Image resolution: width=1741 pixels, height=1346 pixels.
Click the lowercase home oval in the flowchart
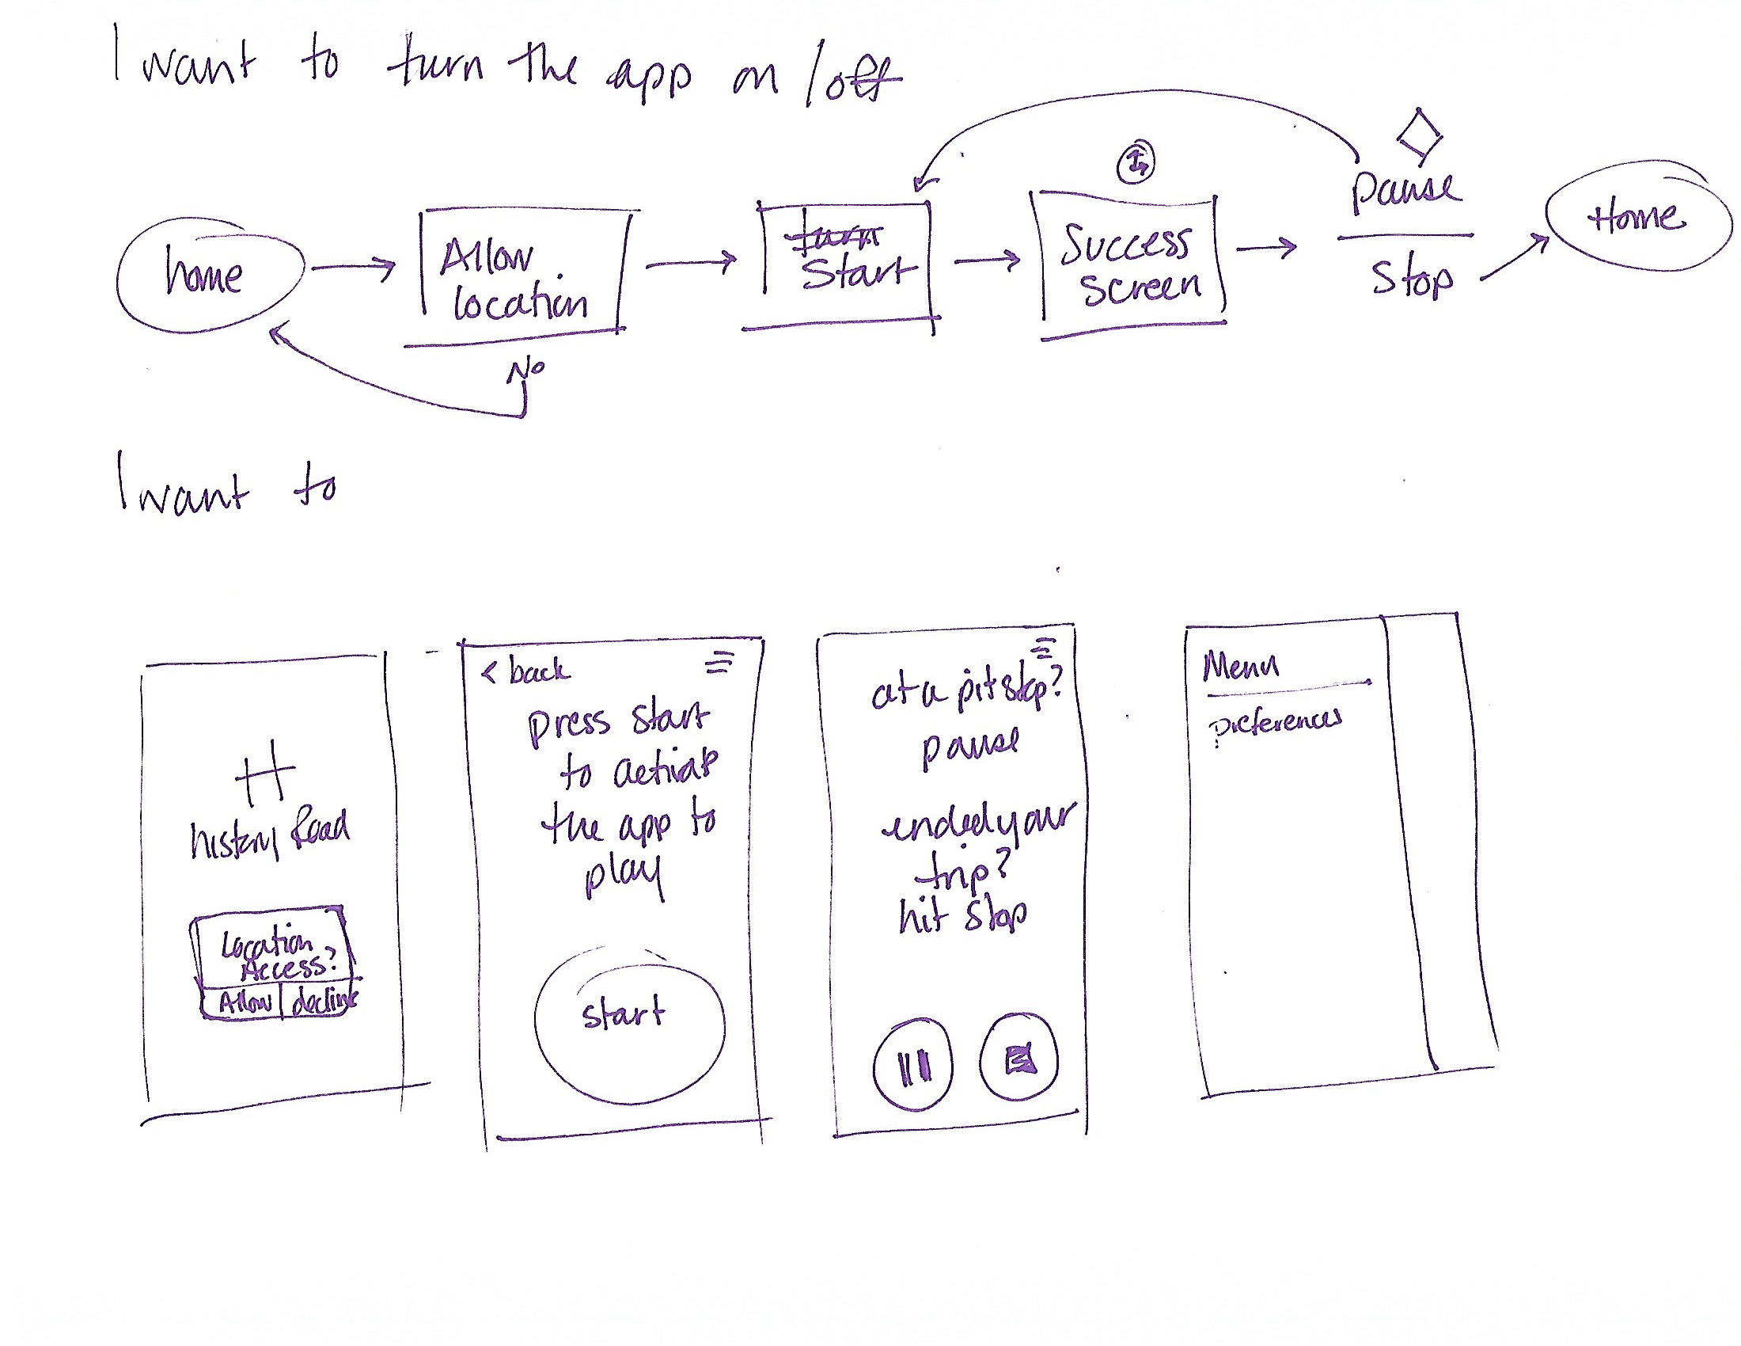[x=210, y=275]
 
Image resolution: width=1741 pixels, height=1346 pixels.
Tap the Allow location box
[x=522, y=277]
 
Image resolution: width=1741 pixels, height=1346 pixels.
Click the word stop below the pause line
[x=1412, y=277]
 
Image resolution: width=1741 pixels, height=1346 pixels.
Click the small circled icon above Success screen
[x=1136, y=162]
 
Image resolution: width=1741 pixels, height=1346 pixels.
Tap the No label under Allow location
[x=526, y=370]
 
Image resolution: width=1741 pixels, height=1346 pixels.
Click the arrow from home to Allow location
[x=352, y=267]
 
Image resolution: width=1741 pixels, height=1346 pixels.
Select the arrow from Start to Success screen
[x=987, y=259]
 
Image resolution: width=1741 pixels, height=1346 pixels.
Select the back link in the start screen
[x=528, y=671]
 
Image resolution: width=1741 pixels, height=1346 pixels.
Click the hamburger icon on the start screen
[x=720, y=662]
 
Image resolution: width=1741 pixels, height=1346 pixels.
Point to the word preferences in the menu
[x=1275, y=722]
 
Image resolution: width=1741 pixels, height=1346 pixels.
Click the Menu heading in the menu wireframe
[x=1240, y=665]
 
